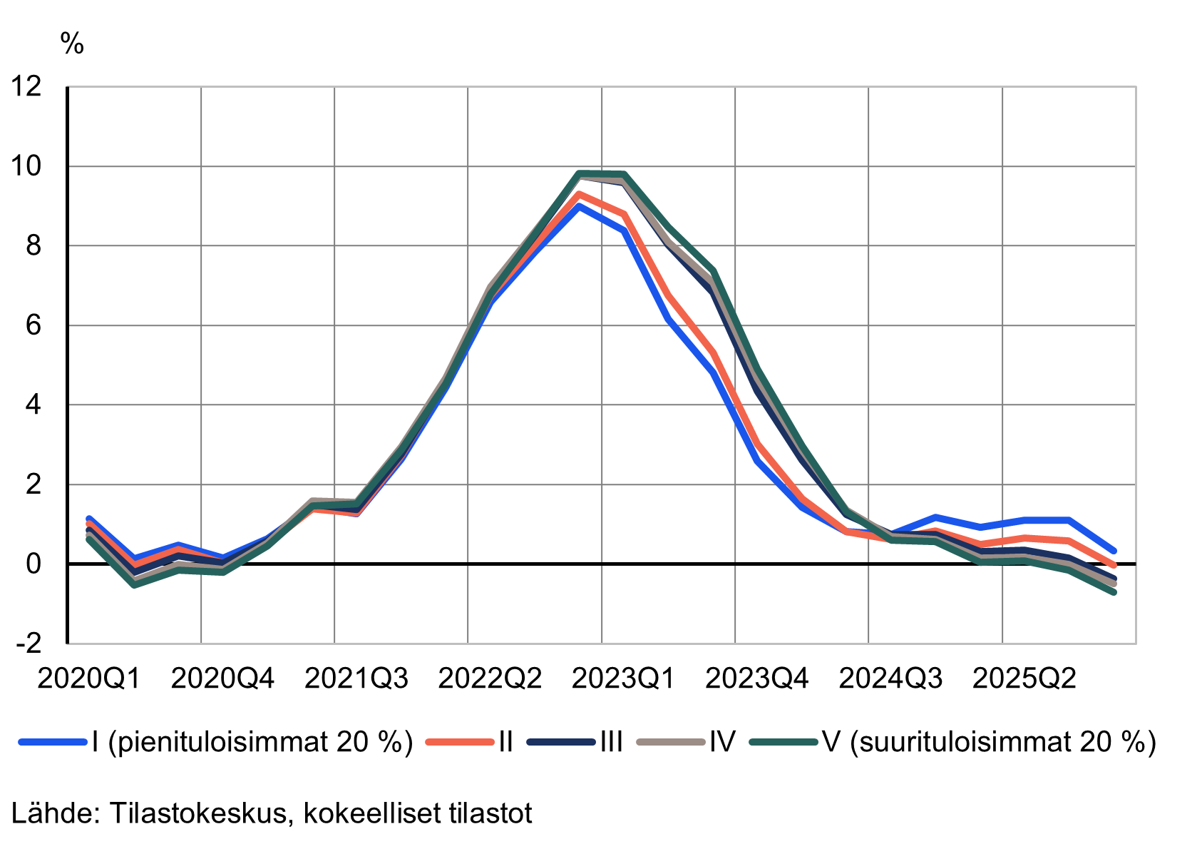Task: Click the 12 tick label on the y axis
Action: pos(25,87)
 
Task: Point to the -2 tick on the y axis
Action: pos(29,644)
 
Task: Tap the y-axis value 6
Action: pos(33,325)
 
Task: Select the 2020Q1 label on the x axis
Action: pos(88,678)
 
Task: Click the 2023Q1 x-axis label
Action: pos(623,678)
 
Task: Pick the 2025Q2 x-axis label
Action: pos(1024,678)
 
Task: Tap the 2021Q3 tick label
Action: pos(356,678)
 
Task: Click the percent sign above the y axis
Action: pos(72,44)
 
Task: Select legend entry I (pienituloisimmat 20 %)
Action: pos(252,742)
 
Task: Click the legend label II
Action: pos(505,742)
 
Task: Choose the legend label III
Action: pos(612,742)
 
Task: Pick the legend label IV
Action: pos(721,742)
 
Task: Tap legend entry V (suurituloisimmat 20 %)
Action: pos(989,742)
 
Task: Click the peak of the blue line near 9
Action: pos(579,206)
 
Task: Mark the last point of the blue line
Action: pos(1114,551)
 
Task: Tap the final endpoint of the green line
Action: pos(1114,592)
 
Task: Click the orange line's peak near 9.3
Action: pos(579,193)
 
